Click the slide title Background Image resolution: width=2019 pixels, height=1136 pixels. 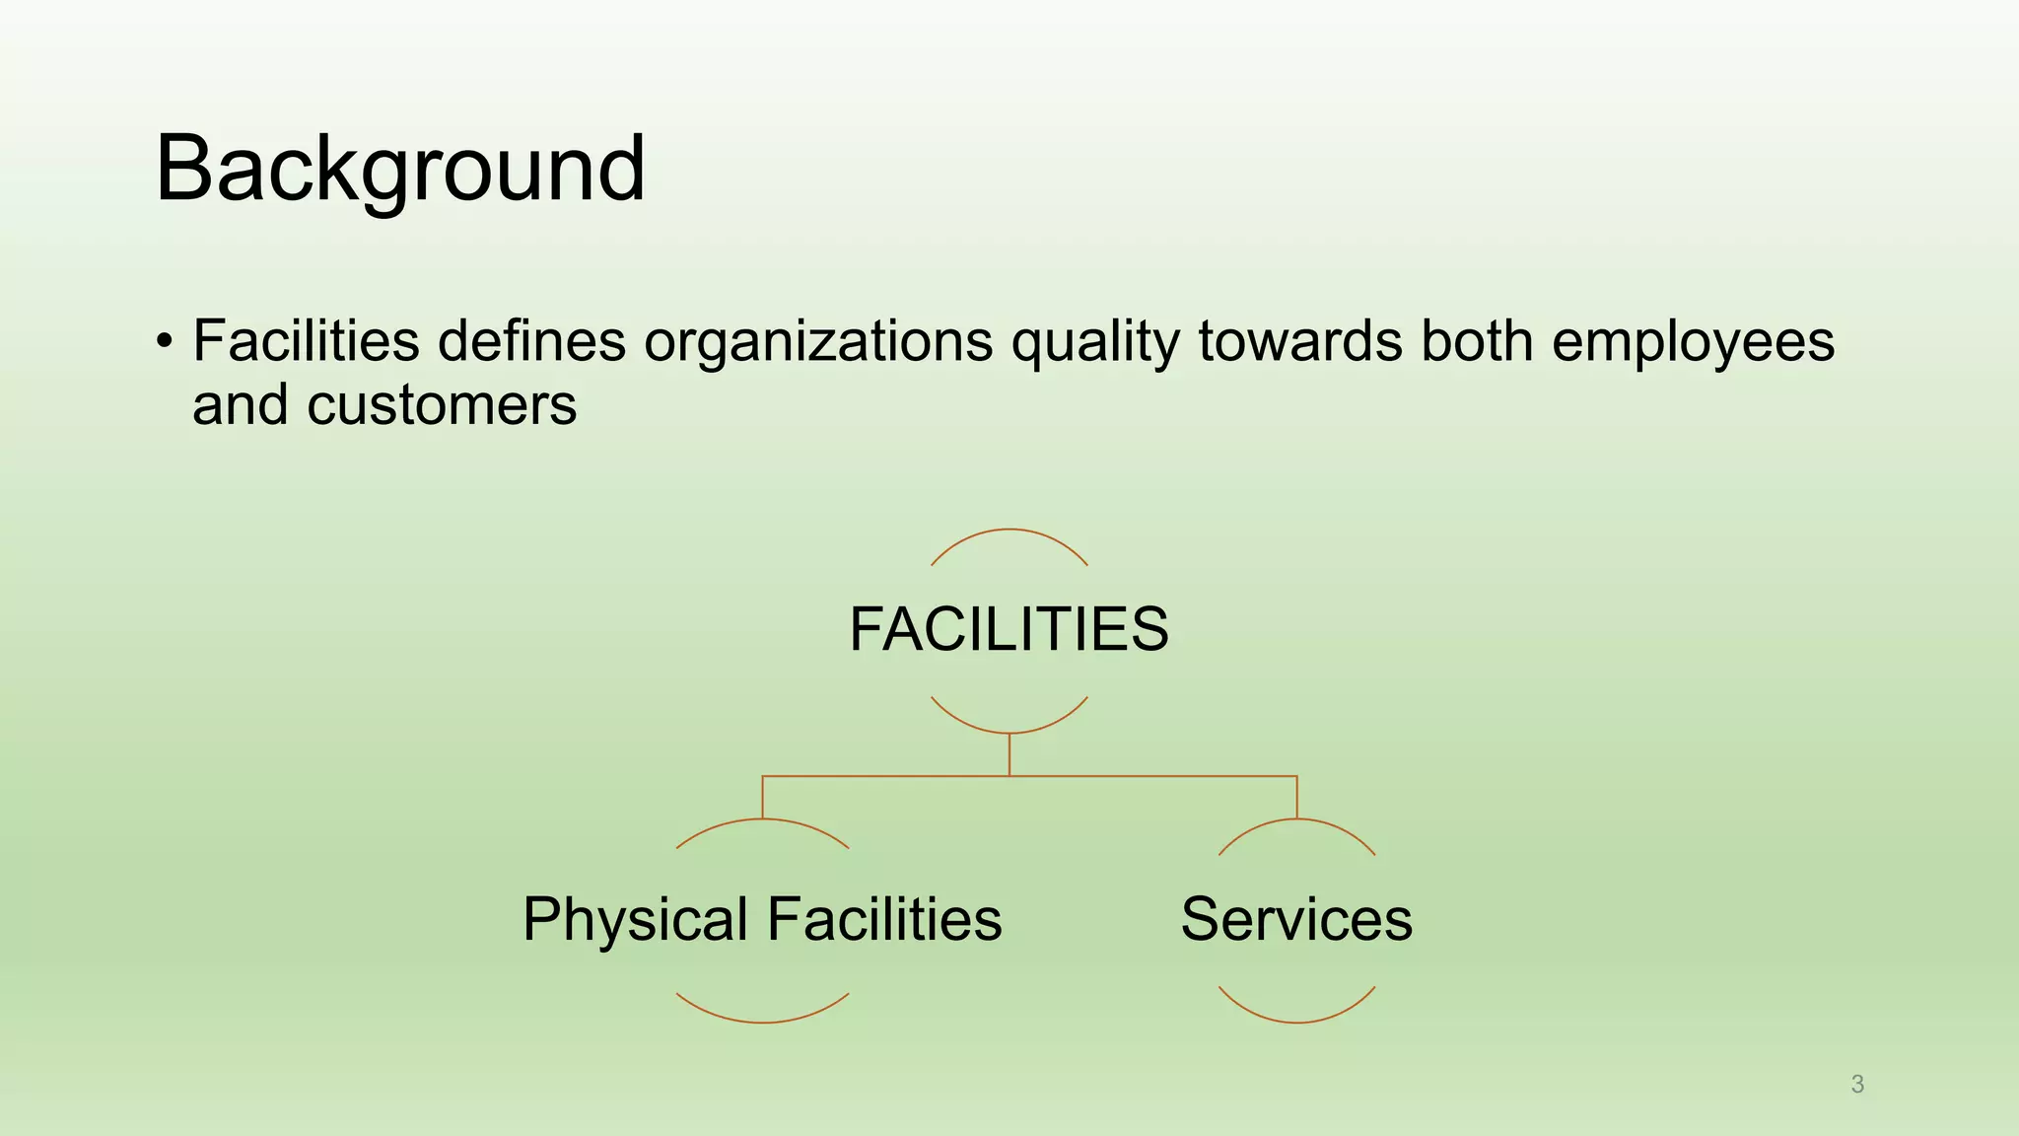399,170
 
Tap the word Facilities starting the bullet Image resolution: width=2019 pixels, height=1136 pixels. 306,341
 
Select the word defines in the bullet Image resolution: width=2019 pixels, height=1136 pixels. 531,341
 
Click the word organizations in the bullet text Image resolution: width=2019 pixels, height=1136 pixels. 818,341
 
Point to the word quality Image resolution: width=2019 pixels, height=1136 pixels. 1094,343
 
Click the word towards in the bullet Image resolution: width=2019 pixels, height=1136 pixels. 1300,341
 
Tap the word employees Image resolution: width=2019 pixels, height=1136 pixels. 1693,343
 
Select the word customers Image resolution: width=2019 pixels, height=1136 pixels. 441,405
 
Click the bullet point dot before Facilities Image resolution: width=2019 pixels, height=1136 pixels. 164,343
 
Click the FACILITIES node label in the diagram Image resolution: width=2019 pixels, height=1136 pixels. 1009,629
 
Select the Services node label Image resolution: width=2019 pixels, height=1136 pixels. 1296,919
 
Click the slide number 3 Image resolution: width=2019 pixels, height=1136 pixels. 1857,1085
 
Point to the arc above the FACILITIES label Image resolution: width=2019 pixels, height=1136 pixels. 1009,531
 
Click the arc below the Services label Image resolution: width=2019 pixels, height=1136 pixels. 1296,1022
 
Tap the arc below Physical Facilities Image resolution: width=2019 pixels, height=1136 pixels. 762,1022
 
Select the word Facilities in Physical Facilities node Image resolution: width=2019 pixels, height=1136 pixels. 884,919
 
